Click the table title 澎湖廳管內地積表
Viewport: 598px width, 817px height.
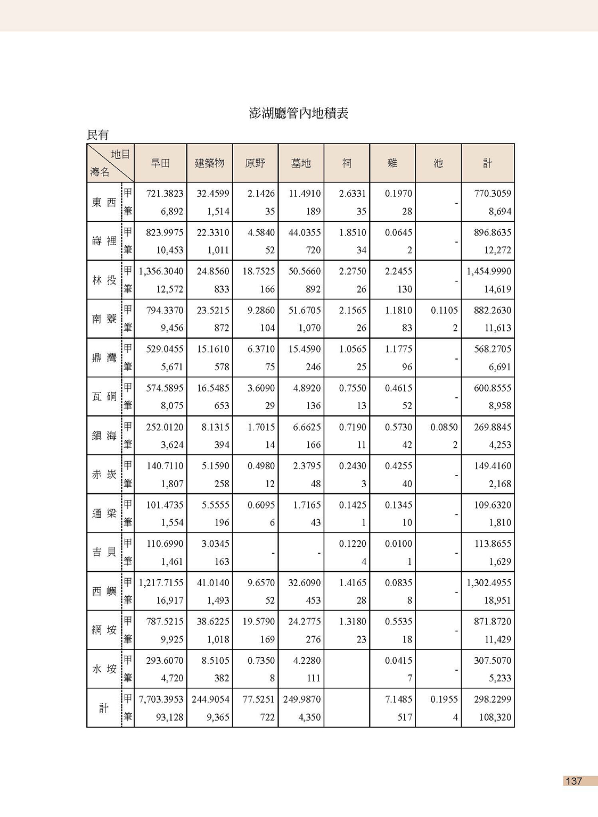298,113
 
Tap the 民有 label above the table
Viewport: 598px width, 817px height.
98,135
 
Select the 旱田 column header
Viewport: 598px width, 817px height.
160,163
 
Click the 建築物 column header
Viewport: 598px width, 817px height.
209,163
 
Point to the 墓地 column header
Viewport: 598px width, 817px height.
301,163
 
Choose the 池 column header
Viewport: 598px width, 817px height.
438,163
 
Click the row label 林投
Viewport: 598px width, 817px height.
104,280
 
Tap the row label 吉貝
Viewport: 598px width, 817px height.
104,552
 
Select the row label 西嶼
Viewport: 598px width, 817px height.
104,591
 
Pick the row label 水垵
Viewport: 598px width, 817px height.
104,669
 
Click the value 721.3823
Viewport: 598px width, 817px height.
165,194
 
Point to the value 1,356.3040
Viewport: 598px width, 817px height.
161,271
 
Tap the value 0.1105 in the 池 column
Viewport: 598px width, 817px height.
444,310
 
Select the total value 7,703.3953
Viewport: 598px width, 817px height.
161,699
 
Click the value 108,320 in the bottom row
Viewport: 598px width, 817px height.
495,718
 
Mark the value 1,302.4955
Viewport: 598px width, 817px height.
489,583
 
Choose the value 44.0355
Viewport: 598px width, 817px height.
305,232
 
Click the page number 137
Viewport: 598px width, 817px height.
574,781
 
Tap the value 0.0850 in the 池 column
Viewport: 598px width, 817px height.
444,427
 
